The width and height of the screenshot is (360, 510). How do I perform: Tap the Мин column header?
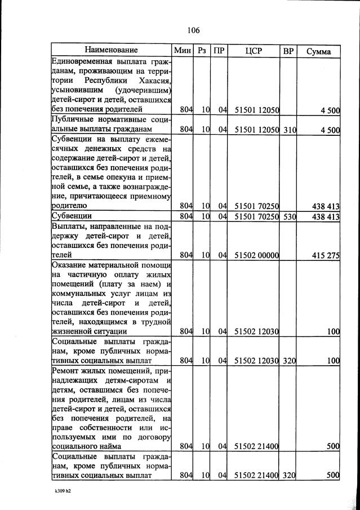pyautogui.click(x=183, y=51)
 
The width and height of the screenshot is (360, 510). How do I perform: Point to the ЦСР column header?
pyautogui.click(x=254, y=51)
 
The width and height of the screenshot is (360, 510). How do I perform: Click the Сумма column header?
pyautogui.click(x=319, y=51)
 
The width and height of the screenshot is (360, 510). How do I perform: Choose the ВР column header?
pyautogui.click(x=288, y=51)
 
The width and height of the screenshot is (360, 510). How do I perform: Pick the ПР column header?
pyautogui.click(x=219, y=51)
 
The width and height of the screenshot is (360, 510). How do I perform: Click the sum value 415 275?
pyautogui.click(x=326, y=255)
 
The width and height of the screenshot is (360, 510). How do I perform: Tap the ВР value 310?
pyautogui.click(x=289, y=130)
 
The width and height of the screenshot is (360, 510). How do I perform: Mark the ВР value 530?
pyautogui.click(x=289, y=216)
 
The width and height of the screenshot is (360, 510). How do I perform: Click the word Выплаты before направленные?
pyautogui.click(x=69, y=225)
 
